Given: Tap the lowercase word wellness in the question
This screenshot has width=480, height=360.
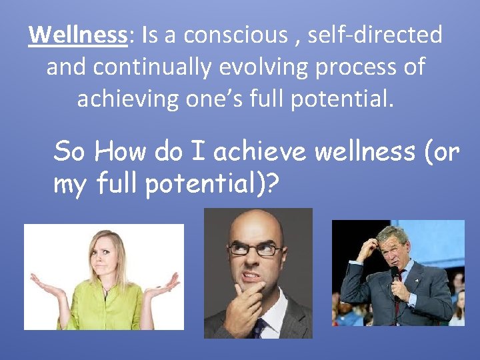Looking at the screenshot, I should coord(363,152).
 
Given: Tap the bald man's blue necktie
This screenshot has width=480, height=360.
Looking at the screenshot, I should coord(258,327).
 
